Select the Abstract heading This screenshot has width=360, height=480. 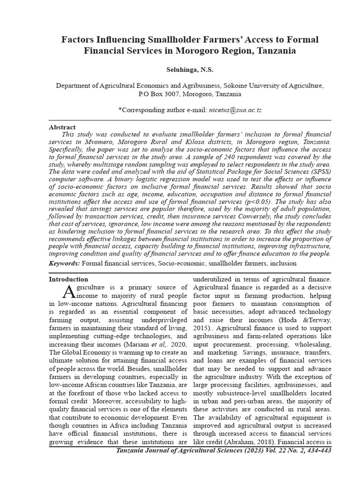pyautogui.click(x=62, y=127)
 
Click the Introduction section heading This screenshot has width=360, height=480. pyautogui.click(x=68, y=279)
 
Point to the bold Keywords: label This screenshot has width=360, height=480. pyautogui.click(x=65, y=264)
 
